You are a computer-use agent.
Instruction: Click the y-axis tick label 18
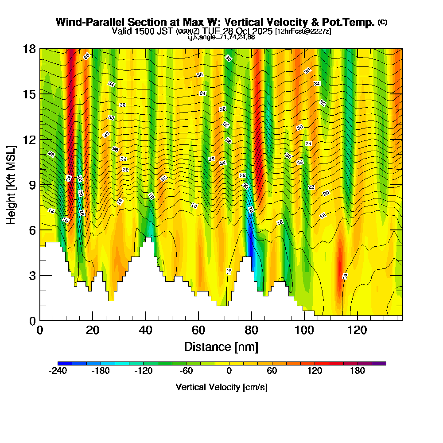coord(29,49)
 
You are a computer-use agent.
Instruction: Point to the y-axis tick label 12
coord(29,140)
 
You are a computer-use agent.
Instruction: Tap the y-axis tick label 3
coord(32,276)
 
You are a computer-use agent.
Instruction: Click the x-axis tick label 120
coord(357,330)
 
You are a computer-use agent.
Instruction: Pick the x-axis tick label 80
coord(252,330)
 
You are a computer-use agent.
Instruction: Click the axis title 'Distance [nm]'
coord(221,346)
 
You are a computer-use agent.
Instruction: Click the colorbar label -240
coord(58,371)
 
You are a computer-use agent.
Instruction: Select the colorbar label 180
coord(358,371)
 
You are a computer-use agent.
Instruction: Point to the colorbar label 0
coord(229,371)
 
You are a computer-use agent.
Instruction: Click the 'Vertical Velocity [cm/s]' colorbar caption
coord(221,387)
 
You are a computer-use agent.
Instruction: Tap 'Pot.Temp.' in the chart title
coord(352,22)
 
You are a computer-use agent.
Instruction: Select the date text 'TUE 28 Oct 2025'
coord(238,31)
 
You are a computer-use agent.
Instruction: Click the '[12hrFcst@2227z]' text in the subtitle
coord(303,31)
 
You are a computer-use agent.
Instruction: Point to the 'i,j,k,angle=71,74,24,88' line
coord(221,37)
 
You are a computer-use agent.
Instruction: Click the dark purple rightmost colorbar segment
coord(382,363)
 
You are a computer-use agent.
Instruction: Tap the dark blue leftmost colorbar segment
coord(61,363)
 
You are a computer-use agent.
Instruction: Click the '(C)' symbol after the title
coord(382,22)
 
